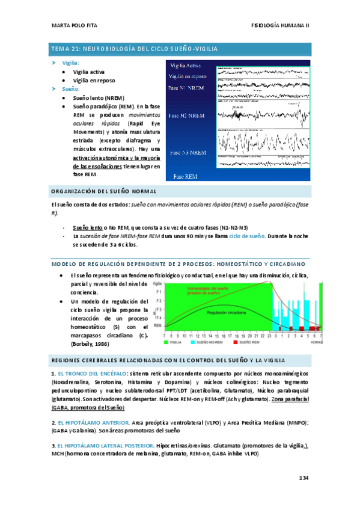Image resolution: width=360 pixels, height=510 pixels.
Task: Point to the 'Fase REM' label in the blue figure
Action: (x=186, y=177)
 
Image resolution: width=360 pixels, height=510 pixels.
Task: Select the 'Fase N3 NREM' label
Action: (x=188, y=152)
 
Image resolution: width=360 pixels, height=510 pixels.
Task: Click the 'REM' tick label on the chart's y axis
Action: (x=157, y=324)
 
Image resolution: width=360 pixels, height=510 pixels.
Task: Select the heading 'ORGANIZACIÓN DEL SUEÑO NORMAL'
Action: (x=102, y=191)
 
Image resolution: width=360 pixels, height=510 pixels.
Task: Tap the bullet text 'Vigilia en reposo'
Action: (x=94, y=80)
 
